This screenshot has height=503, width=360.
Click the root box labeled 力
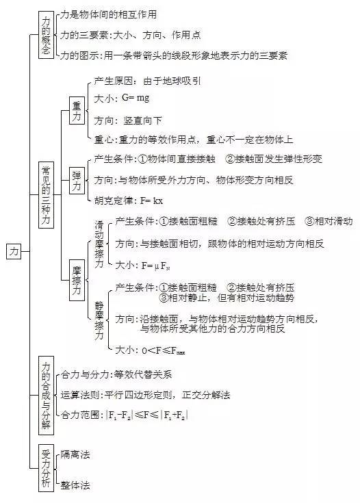[x=14, y=251]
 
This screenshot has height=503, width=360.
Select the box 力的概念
[x=47, y=35]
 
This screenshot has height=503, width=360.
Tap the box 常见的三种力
[x=47, y=195]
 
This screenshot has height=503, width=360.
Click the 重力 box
[x=77, y=110]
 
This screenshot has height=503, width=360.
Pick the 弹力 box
[x=77, y=181]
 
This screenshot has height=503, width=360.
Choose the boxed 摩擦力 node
[x=77, y=280]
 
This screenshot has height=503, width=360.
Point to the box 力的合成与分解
[x=47, y=396]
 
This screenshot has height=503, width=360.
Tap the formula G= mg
[x=136, y=98]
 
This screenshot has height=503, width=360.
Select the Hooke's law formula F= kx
[x=151, y=201]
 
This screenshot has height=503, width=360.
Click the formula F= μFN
[x=155, y=266]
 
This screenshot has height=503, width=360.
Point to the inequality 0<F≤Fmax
[x=164, y=350]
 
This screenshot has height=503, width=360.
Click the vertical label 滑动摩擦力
[x=99, y=244]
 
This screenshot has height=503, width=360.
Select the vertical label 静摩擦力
[x=99, y=320]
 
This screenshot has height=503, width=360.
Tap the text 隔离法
[x=75, y=454]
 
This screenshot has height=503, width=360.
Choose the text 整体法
[x=75, y=485]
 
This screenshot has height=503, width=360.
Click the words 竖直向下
[x=142, y=120]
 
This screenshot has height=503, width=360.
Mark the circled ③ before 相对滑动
[x=309, y=221]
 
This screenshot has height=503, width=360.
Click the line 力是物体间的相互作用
[x=108, y=14]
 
